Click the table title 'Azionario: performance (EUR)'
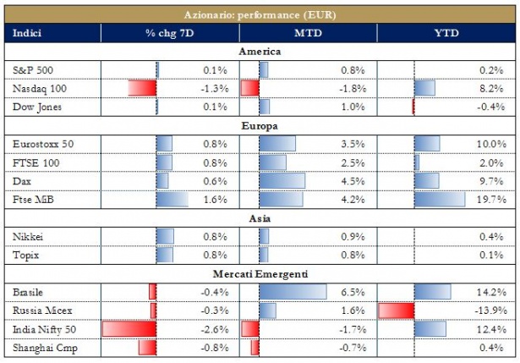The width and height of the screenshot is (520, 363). coord(260,14)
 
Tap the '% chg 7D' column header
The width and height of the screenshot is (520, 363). coord(170,33)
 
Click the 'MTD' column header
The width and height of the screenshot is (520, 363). coord(308,33)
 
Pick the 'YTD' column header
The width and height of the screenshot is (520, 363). coord(446,33)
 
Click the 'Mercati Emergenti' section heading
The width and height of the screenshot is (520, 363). coord(260,273)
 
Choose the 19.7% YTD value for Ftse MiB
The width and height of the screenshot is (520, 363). coord(492,200)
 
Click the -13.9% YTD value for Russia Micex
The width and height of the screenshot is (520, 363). coord(490,310)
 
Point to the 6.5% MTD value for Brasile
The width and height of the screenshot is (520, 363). coord(352,291)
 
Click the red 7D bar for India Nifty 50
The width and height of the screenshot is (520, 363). coord(129,328)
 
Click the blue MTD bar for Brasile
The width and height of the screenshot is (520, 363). coord(292,291)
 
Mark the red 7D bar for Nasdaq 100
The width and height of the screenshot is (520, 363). coord(143,88)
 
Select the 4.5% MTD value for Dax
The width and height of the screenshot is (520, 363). coord(352,181)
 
